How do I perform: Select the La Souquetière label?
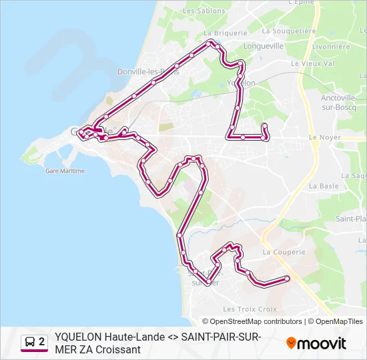pyautogui.click(x=289, y=31)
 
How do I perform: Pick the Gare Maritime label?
pyautogui.click(x=65, y=171)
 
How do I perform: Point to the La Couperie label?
pyautogui.click(x=284, y=252)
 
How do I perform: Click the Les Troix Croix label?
pyautogui.click(x=250, y=309)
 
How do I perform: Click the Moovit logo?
pyautogui.click(x=316, y=343)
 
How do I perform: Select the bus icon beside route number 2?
pyautogui.click(x=30, y=342)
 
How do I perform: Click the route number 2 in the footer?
pyautogui.click(x=42, y=342)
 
